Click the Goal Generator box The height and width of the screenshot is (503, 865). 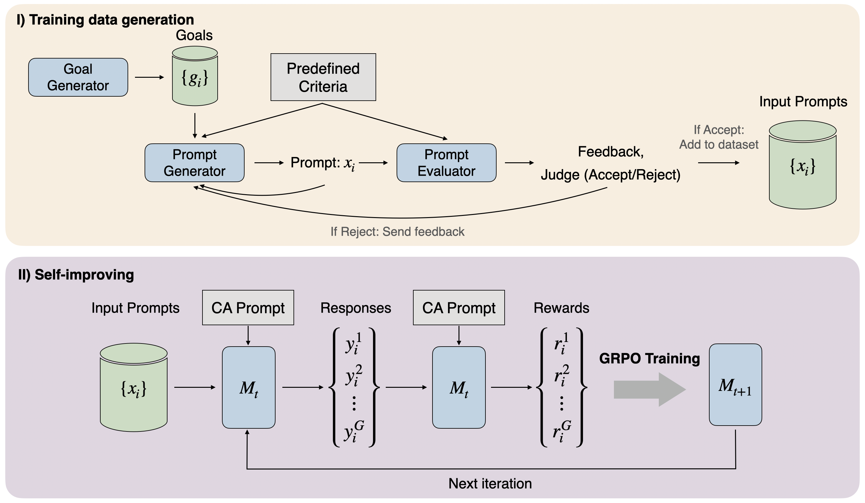coord(78,77)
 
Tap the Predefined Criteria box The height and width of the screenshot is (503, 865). coord(323,77)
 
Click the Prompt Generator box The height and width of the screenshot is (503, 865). coord(194,163)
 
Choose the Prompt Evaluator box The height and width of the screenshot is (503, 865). coord(446,163)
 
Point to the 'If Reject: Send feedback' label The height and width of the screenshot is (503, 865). coord(397,232)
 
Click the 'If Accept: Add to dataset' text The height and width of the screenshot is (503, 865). coord(719,137)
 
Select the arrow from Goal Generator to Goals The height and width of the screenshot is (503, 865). coord(149,77)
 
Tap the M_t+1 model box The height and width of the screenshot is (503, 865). coord(735,385)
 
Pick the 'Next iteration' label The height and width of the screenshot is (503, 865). coord(490,483)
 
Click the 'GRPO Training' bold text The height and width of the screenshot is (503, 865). coord(649,358)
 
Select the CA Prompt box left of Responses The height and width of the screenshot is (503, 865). coord(248,308)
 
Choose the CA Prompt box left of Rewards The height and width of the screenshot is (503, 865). coord(459,308)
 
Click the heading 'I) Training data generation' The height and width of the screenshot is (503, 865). coord(105,20)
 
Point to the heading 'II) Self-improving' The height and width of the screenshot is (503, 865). coord(76,275)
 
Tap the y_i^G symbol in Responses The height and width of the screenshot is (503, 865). coord(354,431)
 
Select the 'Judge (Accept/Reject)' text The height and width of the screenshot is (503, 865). coord(610,175)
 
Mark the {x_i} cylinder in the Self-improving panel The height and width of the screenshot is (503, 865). coord(133,388)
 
